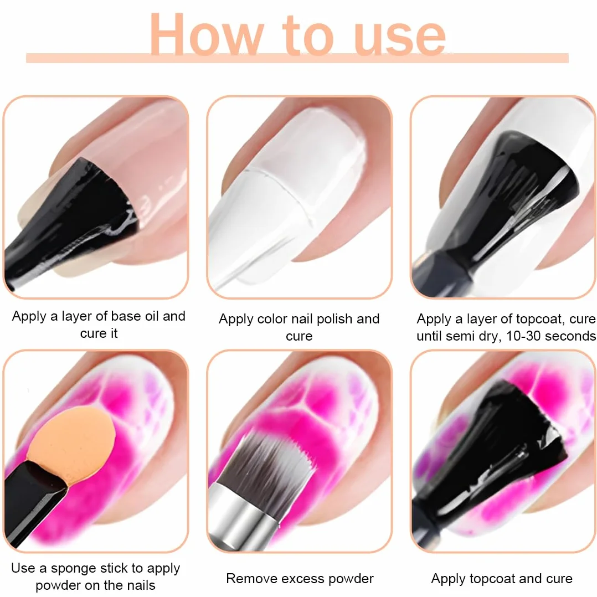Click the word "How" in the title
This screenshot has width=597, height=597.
[x=206, y=35]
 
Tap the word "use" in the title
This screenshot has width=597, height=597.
[x=399, y=37]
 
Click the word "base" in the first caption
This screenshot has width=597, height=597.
[x=126, y=316]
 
